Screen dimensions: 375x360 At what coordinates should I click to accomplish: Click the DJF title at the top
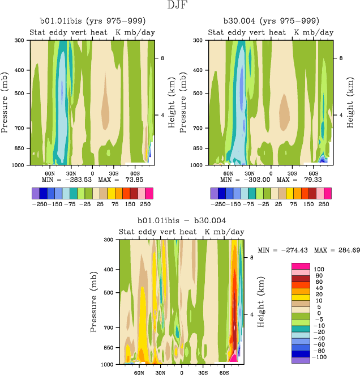(180, 6)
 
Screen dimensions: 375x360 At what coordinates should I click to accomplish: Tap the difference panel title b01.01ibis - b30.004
(182, 221)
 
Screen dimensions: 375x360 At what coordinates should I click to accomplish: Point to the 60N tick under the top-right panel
(228, 173)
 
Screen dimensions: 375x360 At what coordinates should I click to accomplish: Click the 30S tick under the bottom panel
(203, 372)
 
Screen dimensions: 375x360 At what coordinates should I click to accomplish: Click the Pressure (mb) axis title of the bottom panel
(93, 301)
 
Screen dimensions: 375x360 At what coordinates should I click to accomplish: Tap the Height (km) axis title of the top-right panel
(350, 103)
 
